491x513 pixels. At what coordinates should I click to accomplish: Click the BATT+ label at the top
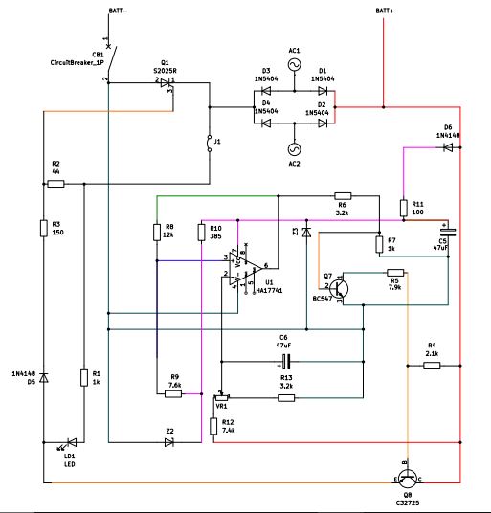coord(383,11)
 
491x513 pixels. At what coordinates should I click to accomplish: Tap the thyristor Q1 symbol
coord(167,82)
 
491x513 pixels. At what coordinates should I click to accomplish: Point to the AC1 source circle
coord(293,64)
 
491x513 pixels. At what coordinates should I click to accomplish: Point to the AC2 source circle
coord(293,148)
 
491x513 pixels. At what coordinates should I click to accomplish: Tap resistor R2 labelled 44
coord(56,183)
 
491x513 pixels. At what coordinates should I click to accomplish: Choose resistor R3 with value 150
coord(44,228)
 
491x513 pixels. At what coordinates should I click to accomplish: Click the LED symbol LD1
coord(69,442)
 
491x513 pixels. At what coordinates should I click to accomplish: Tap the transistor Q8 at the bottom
coord(410,476)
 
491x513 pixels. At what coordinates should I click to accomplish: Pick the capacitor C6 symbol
coord(283,361)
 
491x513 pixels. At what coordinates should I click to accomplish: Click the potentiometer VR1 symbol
coord(222,395)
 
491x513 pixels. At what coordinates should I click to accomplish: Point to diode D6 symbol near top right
coord(447,150)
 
